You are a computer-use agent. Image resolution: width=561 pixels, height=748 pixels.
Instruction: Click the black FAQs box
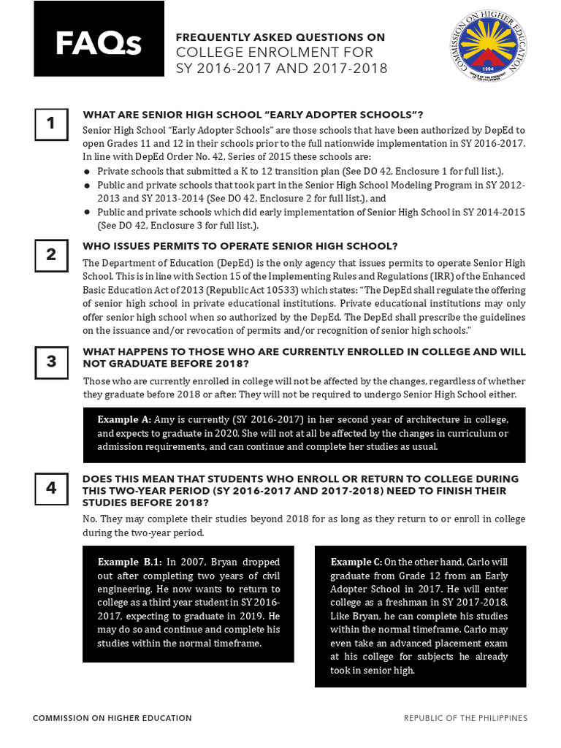tap(99, 39)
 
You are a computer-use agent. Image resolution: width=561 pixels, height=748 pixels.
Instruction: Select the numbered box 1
tap(51, 124)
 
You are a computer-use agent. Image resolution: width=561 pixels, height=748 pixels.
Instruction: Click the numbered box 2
tap(51, 255)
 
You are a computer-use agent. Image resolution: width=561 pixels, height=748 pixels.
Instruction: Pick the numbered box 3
tap(51, 362)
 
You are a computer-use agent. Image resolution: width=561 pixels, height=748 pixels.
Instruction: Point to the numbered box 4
tap(51, 488)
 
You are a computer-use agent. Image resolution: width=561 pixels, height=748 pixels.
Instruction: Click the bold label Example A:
tap(124, 419)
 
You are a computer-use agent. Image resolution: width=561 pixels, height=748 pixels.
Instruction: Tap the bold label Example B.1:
tap(129, 562)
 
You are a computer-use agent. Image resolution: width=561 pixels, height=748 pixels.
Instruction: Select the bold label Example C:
tap(356, 562)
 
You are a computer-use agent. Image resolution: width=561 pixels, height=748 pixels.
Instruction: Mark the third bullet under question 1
tap(87, 212)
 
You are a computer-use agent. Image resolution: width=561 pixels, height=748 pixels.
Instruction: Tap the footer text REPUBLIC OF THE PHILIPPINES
tap(465, 718)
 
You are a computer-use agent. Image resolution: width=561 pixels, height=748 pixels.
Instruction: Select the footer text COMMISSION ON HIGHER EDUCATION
tap(112, 718)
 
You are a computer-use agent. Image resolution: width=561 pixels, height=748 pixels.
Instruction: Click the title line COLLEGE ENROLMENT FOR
tap(274, 53)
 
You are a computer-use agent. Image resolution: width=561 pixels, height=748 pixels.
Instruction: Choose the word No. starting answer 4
tap(91, 519)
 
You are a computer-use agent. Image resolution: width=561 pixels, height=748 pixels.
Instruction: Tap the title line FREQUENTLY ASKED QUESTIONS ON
tap(280, 37)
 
